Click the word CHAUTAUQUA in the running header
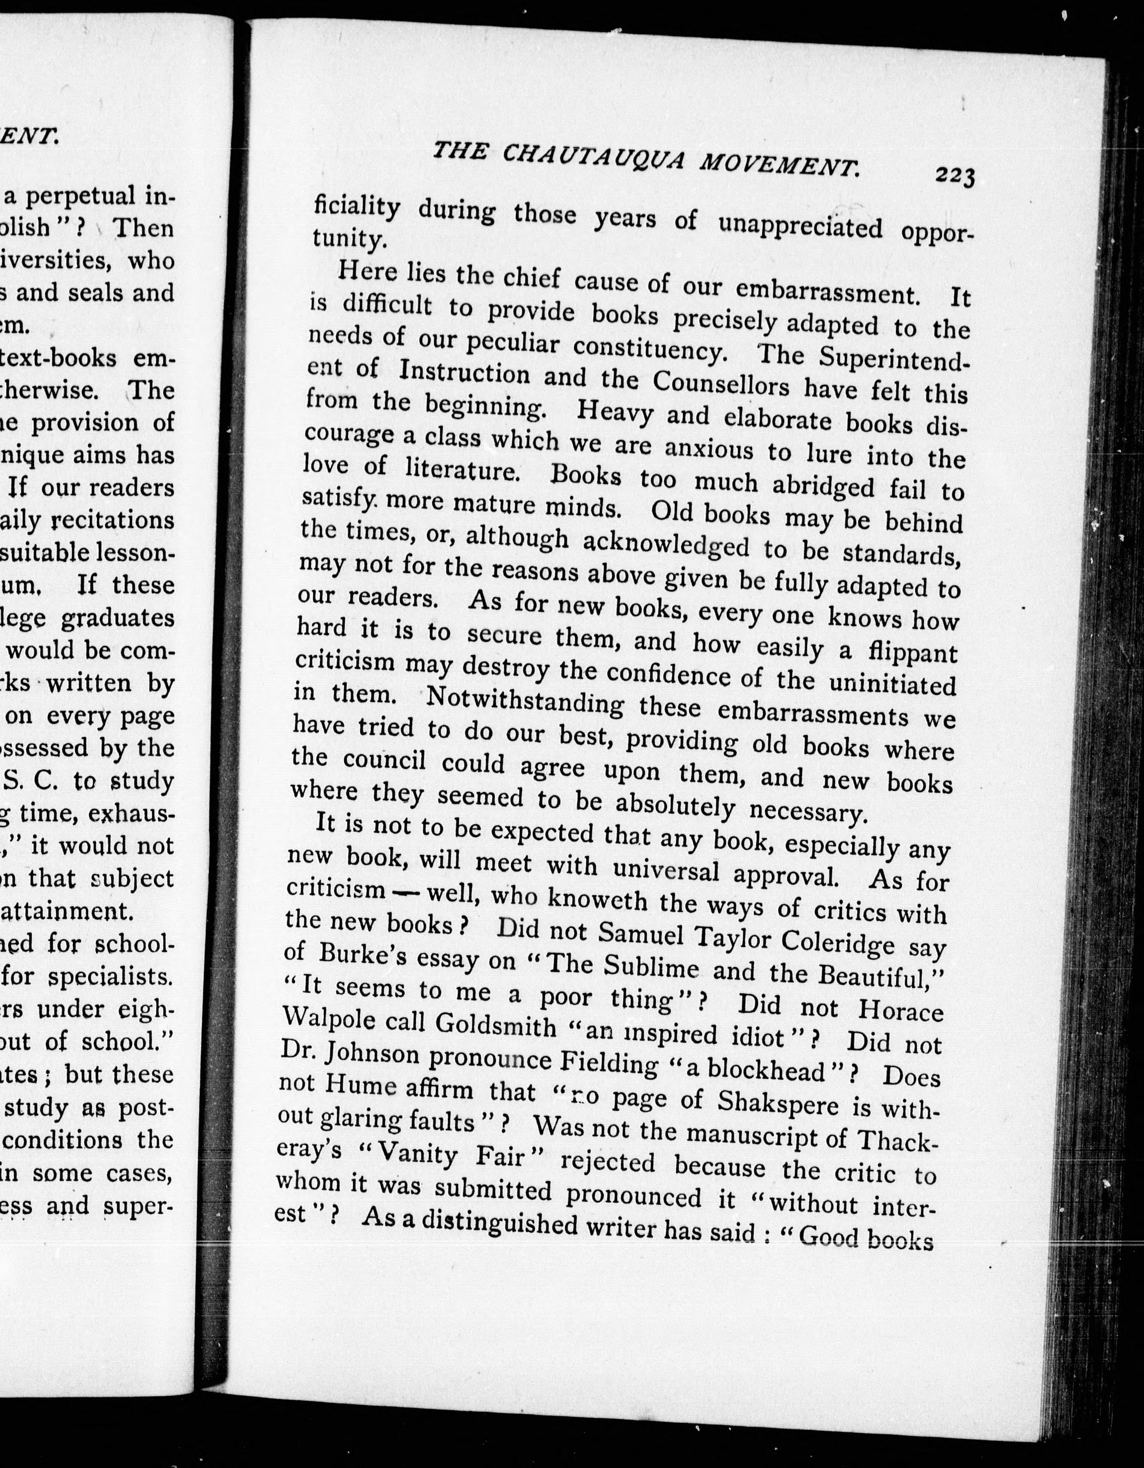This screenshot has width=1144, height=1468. coord(595,158)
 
